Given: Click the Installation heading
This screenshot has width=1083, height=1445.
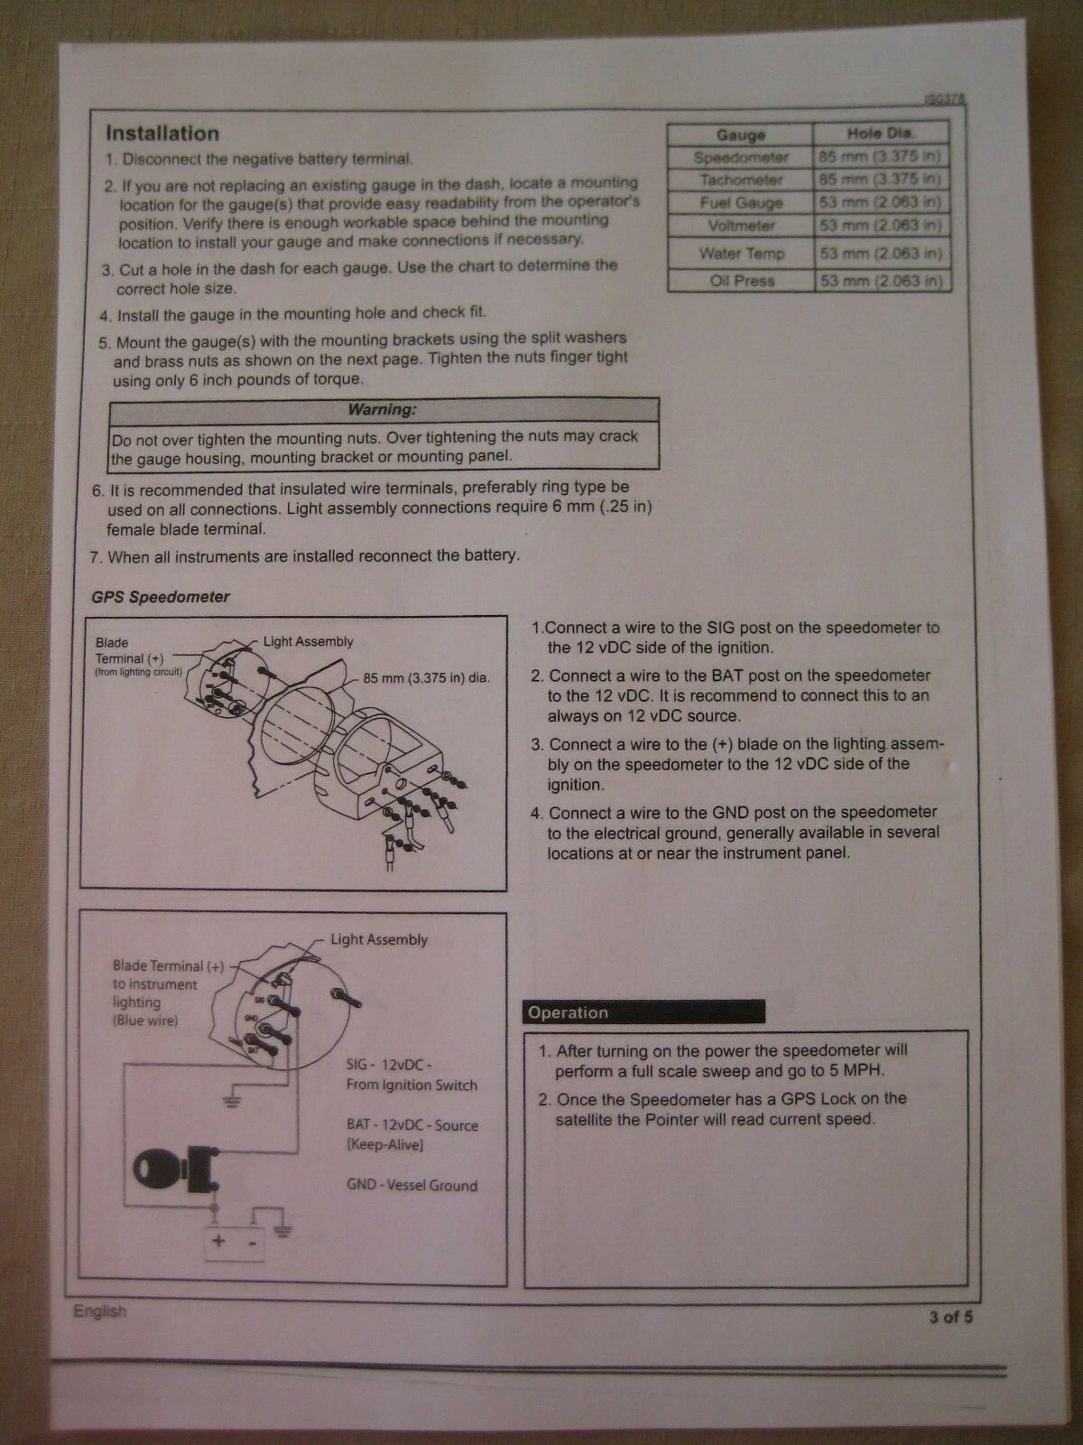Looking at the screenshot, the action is click(x=162, y=134).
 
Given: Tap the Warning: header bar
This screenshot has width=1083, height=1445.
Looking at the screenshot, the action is click(x=384, y=410).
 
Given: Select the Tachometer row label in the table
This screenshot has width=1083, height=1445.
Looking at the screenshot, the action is click(x=741, y=180).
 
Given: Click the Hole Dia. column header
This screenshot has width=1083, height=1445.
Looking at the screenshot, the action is click(x=881, y=134).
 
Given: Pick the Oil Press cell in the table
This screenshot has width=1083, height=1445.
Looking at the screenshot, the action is click(x=741, y=281).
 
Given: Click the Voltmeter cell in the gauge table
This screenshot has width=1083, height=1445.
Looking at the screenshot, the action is click(x=741, y=226).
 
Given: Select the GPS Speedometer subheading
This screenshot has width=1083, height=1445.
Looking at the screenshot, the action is click(x=161, y=597).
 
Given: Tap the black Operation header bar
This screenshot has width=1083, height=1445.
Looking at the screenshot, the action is click(x=643, y=1011).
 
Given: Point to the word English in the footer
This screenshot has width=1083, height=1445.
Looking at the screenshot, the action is click(x=99, y=1310).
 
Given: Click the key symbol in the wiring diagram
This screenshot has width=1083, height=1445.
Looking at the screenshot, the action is click(x=176, y=1168).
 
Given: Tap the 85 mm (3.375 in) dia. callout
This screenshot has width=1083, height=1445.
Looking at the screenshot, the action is click(x=426, y=677).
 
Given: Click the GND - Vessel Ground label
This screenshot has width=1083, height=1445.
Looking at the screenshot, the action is click(x=412, y=1186).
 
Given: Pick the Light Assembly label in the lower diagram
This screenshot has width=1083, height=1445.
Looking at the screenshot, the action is click(x=379, y=939).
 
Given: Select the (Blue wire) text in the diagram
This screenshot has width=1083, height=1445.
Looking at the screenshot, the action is click(x=145, y=1021).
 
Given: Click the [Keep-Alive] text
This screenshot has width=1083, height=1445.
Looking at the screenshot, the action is click(x=385, y=1145).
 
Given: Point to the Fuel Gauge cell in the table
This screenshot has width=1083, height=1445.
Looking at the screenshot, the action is click(x=741, y=203).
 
